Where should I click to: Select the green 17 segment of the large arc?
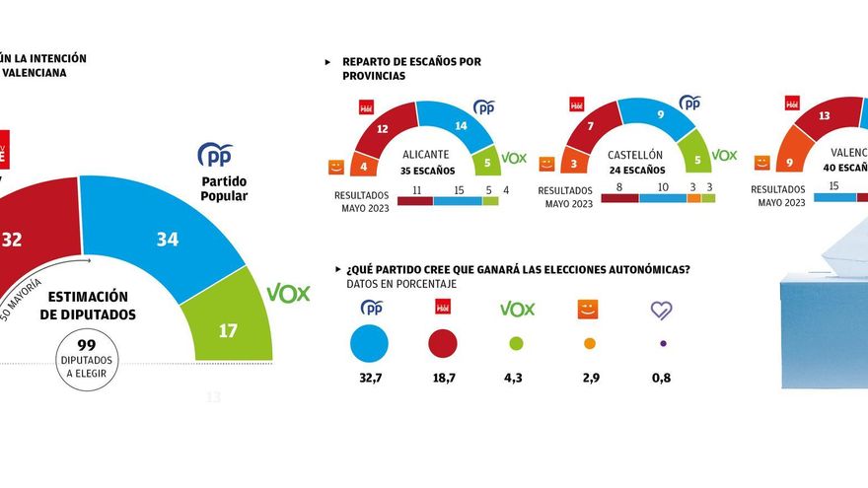click(228, 329)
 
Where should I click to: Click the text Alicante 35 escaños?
click(428, 162)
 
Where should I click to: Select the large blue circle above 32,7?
click(369, 343)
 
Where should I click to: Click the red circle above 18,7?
click(443, 343)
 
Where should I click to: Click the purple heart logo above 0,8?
click(662, 310)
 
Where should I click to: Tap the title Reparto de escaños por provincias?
click(410, 69)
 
